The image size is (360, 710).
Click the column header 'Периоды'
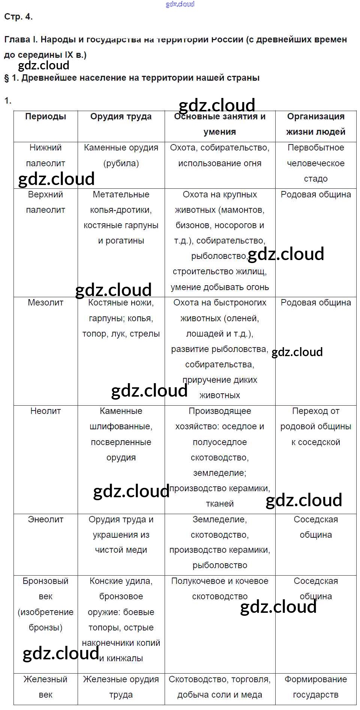click(45, 117)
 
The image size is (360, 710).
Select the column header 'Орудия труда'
click(121, 117)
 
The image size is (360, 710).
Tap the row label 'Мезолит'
click(45, 302)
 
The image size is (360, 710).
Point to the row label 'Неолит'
click(45, 411)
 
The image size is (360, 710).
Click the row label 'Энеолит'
click(45, 519)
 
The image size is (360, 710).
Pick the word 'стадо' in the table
click(316, 179)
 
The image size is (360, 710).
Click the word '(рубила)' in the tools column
click(121, 163)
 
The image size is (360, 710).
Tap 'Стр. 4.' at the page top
click(18, 17)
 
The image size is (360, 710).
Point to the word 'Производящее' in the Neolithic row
click(220, 411)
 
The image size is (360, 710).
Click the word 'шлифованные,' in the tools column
click(121, 427)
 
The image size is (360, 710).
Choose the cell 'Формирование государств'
click(316, 687)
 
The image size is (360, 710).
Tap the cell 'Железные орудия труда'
click(121, 687)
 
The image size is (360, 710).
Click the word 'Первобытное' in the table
click(316, 148)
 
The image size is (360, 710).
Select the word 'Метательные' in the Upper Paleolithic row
click(121, 194)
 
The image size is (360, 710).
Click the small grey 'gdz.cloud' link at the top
click(180, 5)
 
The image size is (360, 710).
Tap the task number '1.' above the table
click(8, 101)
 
